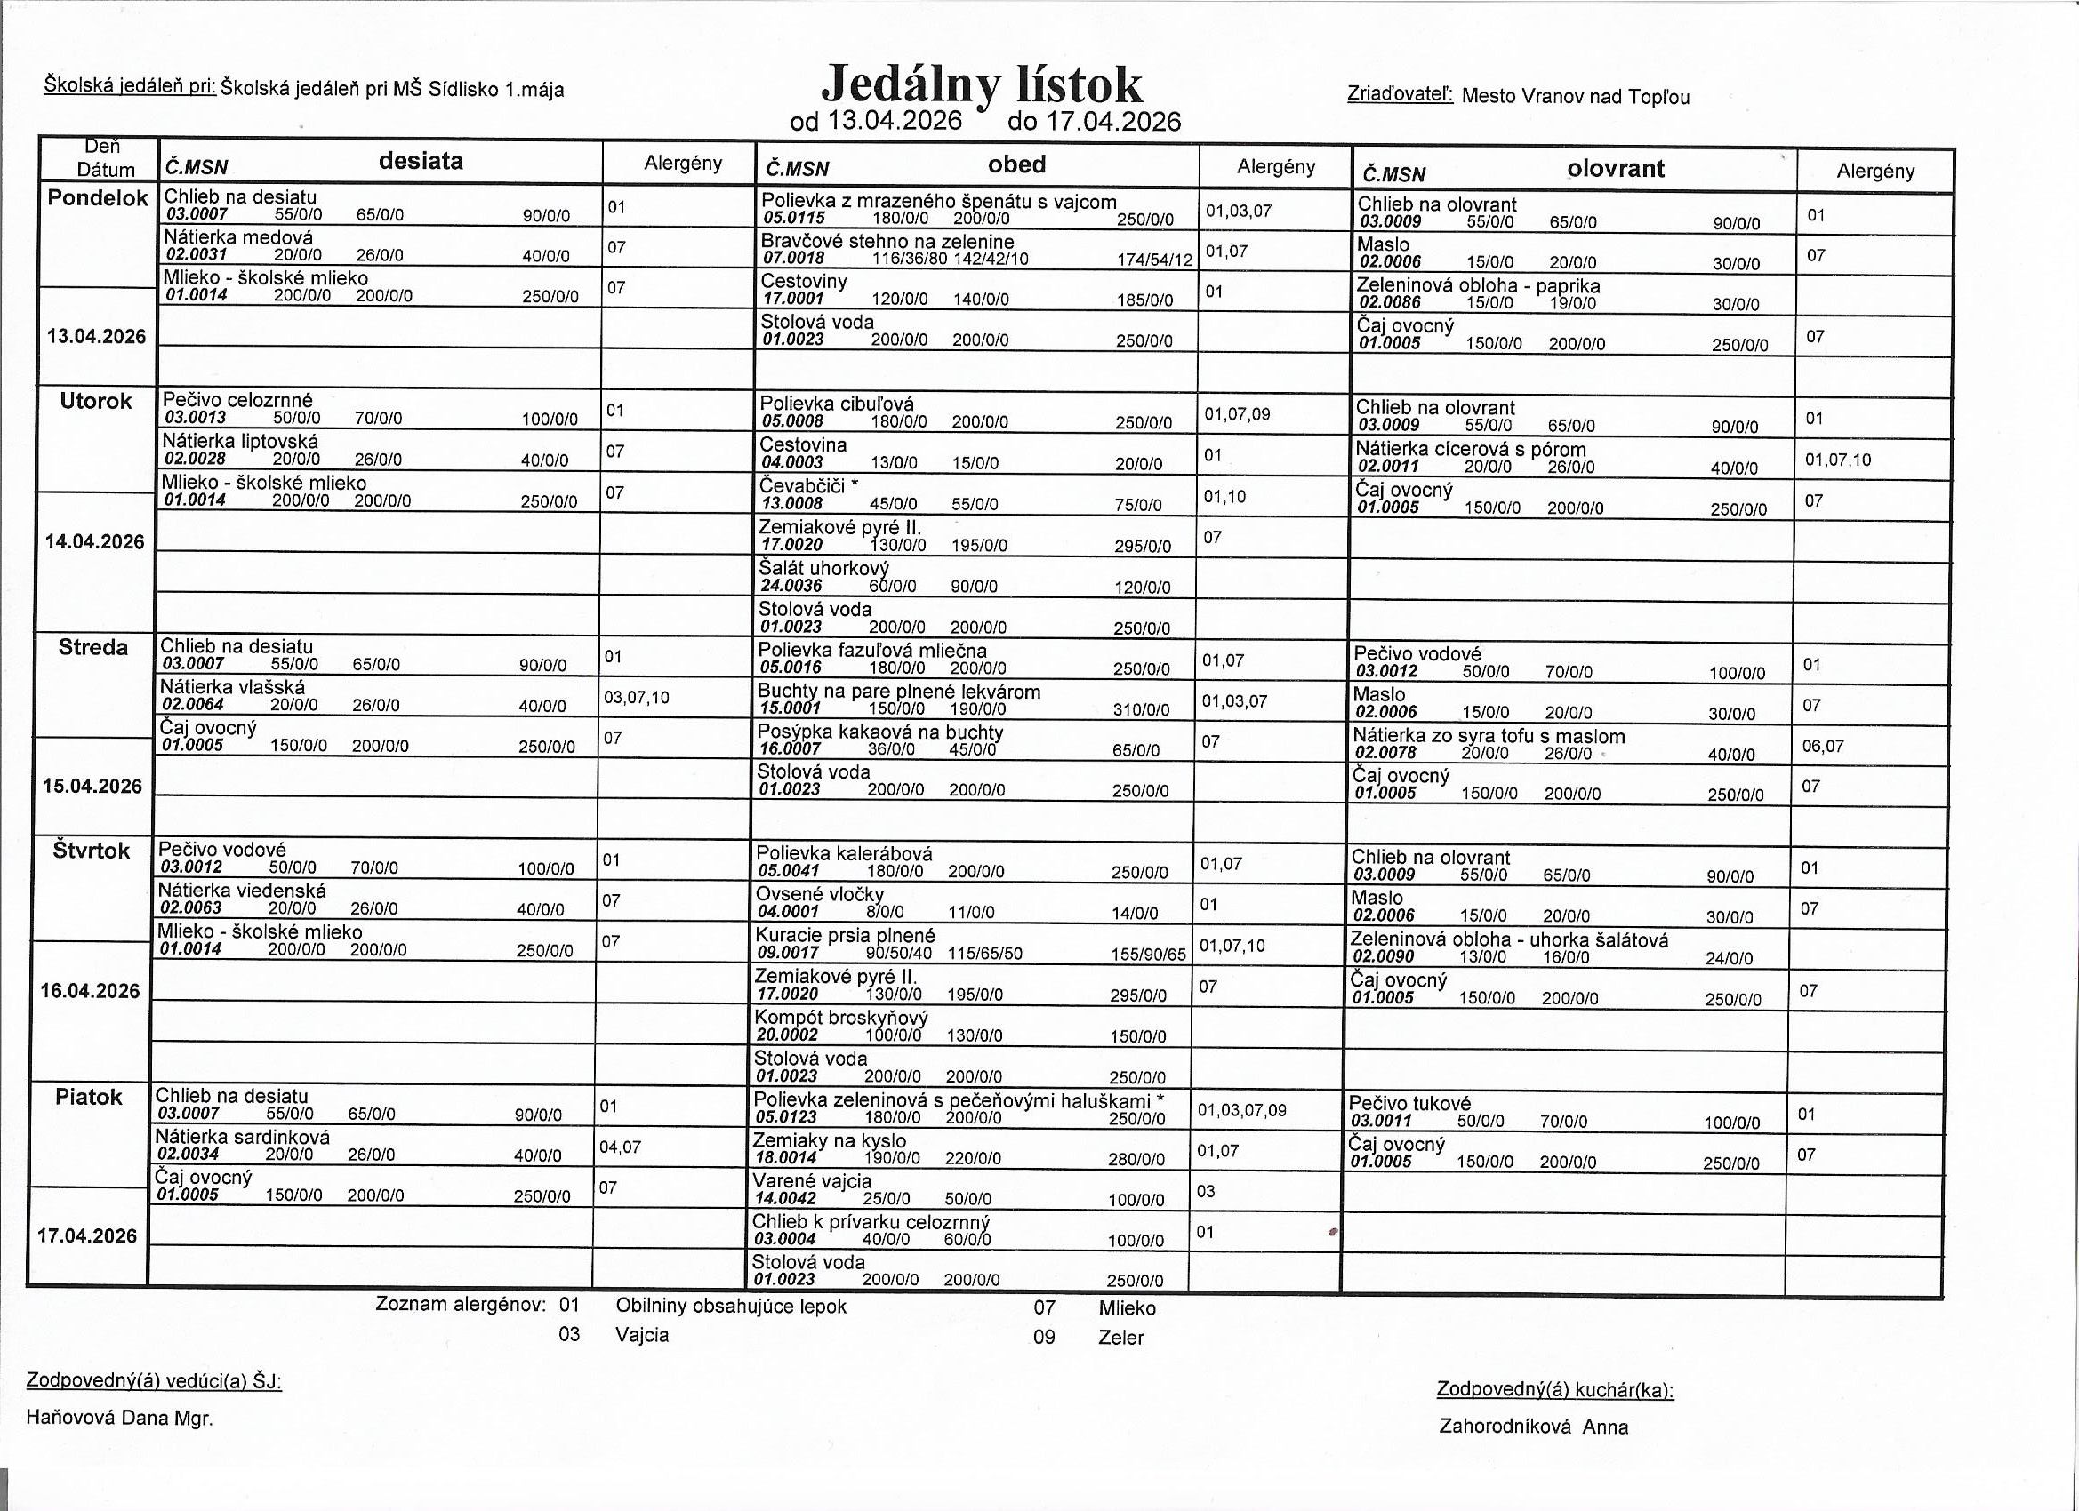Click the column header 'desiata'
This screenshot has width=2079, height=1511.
pyautogui.click(x=421, y=161)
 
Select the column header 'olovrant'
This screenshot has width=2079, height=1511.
pyautogui.click(x=1615, y=169)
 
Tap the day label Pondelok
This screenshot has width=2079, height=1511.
pyautogui.click(x=97, y=198)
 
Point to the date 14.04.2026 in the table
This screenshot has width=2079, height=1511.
pyautogui.click(x=94, y=541)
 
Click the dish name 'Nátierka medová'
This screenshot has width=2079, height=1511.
pyautogui.click(x=238, y=237)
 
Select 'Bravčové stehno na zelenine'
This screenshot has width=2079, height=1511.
pyautogui.click(x=887, y=242)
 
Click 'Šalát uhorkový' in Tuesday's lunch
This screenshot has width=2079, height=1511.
pyautogui.click(x=823, y=568)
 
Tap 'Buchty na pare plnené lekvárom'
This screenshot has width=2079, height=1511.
pyautogui.click(x=898, y=692)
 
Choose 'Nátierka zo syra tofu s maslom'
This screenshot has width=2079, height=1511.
pyautogui.click(x=1489, y=736)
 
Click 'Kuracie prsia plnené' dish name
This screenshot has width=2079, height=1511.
pyautogui.click(x=844, y=936)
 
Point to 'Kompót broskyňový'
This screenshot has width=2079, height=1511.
pyautogui.click(x=840, y=1017)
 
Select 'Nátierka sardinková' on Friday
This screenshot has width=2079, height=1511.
pyautogui.click(x=242, y=1136)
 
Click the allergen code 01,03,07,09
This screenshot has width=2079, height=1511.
pyautogui.click(x=1241, y=1110)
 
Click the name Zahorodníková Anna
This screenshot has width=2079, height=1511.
pyautogui.click(x=1534, y=1427)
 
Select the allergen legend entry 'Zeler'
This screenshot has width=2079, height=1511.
pyautogui.click(x=1121, y=1337)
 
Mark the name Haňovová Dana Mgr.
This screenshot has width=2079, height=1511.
pyautogui.click(x=119, y=1419)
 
